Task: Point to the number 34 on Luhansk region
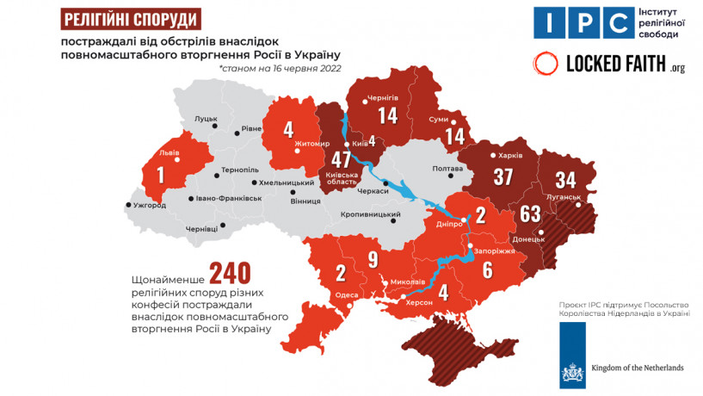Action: coord(566,181)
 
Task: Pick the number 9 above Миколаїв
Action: coord(373,257)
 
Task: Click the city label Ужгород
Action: coord(151,206)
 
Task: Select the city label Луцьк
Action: coord(206,118)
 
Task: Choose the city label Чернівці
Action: coord(202,228)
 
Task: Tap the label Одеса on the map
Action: coord(346,294)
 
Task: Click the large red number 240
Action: coord(230,273)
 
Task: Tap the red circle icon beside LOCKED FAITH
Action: coord(545,63)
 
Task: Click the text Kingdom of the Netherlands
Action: coord(637,368)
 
